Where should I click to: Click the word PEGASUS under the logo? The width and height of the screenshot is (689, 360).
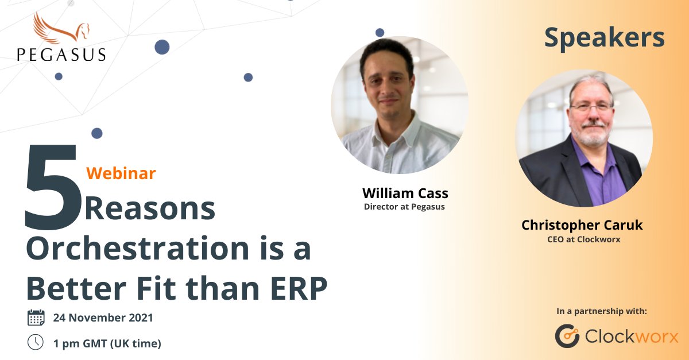tap(61, 55)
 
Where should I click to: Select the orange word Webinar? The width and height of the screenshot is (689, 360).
tap(121, 173)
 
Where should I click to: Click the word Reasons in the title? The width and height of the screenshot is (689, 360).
tap(150, 209)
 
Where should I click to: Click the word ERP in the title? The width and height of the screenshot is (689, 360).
tap(299, 288)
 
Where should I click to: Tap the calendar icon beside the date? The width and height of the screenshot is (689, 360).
tap(36, 318)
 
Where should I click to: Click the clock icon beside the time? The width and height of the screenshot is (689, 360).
tap(36, 342)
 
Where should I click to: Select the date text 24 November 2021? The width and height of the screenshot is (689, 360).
tap(103, 318)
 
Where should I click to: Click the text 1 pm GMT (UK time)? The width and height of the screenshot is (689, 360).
tap(107, 343)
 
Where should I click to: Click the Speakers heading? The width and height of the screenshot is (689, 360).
tap(604, 38)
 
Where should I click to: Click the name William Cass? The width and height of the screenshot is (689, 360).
tap(405, 193)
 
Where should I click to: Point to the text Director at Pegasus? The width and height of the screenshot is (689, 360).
tap(404, 207)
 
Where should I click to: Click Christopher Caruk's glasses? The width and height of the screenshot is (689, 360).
tap(590, 107)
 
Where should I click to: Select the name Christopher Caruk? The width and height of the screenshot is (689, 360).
tap(582, 225)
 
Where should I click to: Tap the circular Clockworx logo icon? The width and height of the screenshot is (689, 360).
tap(567, 336)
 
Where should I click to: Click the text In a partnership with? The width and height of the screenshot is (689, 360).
tap(601, 311)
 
